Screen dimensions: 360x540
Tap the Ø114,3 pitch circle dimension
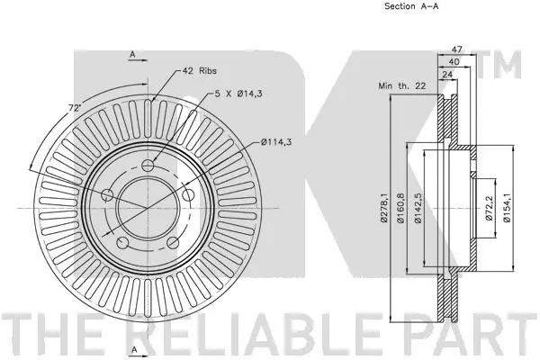pyautogui.click(x=279, y=139)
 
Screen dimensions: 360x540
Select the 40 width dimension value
pyautogui.click(x=454, y=61)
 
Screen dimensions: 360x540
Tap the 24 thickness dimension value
pyautogui.click(x=446, y=76)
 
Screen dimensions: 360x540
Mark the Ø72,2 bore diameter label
pyautogui.click(x=488, y=209)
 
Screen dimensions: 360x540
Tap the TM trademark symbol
pyautogui.click(x=505, y=65)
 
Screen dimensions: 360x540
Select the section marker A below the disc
pyautogui.click(x=132, y=348)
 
